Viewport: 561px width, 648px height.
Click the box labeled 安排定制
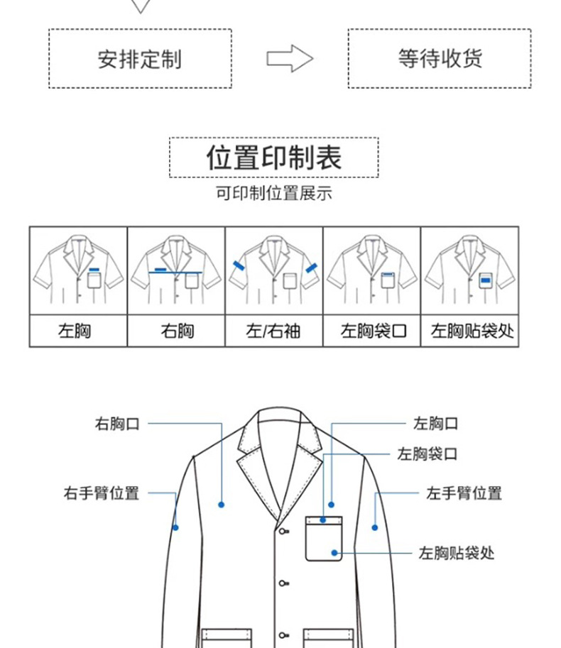pyautogui.click(x=140, y=58)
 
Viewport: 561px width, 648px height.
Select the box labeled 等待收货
pyautogui.click(x=439, y=58)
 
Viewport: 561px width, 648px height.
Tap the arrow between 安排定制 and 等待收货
pyautogui.click(x=290, y=59)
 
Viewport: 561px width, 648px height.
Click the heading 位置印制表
pyautogui.click(x=273, y=157)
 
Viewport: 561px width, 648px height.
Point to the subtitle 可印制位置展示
pyautogui.click(x=273, y=193)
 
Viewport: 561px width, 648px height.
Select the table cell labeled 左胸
pyautogui.click(x=78, y=331)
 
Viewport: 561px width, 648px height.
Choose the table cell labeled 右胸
pyautogui.click(x=176, y=331)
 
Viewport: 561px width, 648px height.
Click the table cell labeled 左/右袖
pyautogui.click(x=273, y=331)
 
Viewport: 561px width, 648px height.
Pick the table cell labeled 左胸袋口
pyautogui.click(x=372, y=331)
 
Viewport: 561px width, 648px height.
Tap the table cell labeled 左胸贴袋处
pyautogui.click(x=470, y=331)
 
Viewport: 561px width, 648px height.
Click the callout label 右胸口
pyautogui.click(x=118, y=424)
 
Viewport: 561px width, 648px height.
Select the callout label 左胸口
pyautogui.click(x=436, y=424)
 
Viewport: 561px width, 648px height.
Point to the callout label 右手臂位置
pyautogui.click(x=102, y=493)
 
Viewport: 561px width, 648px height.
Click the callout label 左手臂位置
pyautogui.click(x=464, y=493)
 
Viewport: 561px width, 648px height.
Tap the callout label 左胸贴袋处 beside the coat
pyautogui.click(x=457, y=552)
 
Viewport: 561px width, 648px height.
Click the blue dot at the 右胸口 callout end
pyautogui.click(x=222, y=505)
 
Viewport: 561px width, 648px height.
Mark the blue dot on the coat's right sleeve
pyautogui.click(x=176, y=527)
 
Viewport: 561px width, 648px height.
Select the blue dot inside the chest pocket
pyautogui.click(x=334, y=551)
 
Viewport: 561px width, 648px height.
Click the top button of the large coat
pyautogui.click(x=283, y=531)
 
